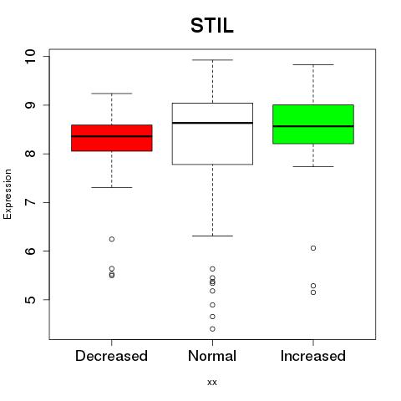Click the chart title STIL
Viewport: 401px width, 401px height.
pos(212,26)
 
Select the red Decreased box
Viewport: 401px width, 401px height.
pos(112,138)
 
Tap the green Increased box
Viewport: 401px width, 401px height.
pos(313,124)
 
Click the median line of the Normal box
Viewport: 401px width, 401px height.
pos(212,123)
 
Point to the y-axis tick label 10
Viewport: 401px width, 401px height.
pos(30,57)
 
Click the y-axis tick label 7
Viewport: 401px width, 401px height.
pos(30,202)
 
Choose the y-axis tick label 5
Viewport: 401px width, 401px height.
pos(30,300)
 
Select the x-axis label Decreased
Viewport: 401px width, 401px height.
pos(111,356)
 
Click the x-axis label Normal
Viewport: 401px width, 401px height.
pos(212,356)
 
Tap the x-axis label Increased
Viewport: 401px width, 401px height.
pos(313,356)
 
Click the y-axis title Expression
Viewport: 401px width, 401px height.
pos(8,194)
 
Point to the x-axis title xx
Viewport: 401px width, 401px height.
pos(212,383)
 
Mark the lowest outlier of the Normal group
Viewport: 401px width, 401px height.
pos(212,329)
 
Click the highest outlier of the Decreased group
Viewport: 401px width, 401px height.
pos(112,239)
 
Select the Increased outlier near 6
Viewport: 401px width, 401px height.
pos(313,248)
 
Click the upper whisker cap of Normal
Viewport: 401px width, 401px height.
pos(212,60)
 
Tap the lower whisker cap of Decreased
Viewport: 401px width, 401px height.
pos(112,187)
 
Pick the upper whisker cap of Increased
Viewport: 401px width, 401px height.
pos(313,64)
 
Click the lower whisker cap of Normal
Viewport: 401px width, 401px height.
pos(212,236)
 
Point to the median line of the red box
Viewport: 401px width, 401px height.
pos(112,136)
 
